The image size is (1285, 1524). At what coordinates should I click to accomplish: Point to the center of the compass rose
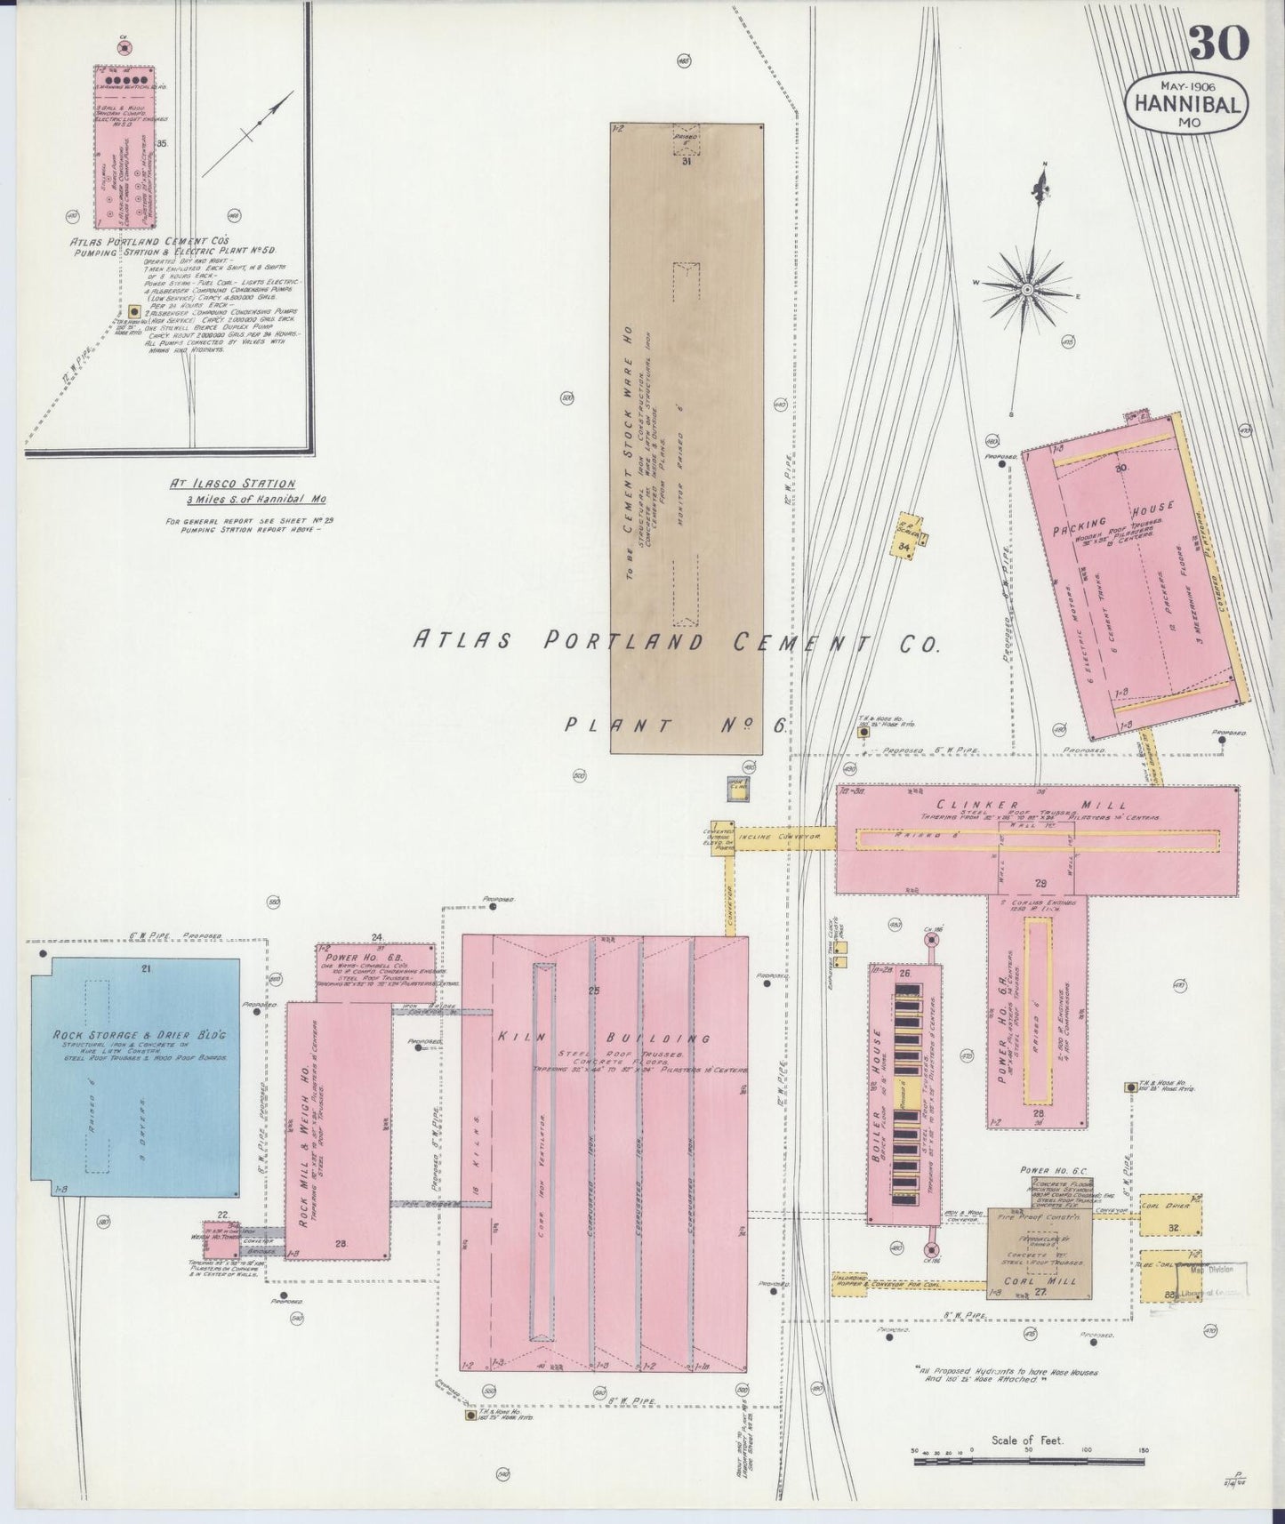tap(1027, 289)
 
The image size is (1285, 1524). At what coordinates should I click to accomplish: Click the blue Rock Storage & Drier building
tap(135, 1077)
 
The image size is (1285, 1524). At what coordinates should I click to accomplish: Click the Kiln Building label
tap(603, 1038)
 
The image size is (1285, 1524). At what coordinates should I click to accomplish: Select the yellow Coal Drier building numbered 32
tap(1171, 1215)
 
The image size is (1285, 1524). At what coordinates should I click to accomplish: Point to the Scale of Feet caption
tap(1027, 1440)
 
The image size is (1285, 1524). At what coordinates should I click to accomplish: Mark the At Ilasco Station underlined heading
tap(233, 484)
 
